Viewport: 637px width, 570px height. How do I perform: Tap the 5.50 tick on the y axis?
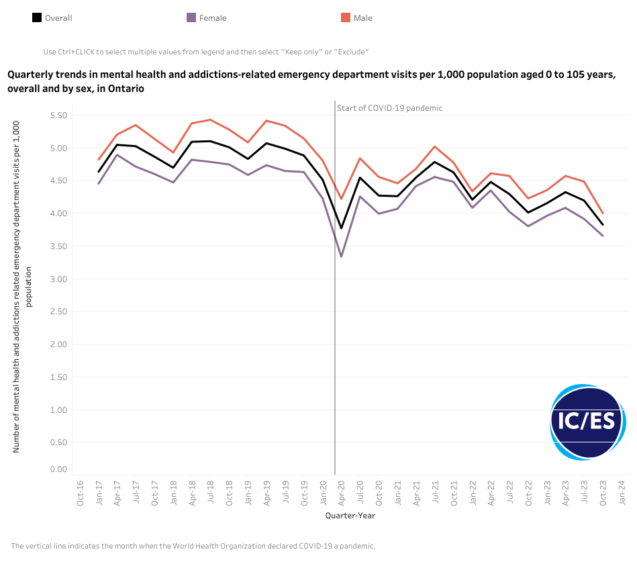(58, 115)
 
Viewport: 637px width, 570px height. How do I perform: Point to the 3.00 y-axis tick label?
(58, 279)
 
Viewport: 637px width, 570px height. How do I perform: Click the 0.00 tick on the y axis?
(58, 469)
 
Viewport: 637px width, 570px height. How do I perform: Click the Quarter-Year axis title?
(350, 516)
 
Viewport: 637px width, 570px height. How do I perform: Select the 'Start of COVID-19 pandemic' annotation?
(390, 108)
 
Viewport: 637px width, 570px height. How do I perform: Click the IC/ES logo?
(587, 422)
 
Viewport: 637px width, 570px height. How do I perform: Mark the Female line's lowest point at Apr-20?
(342, 256)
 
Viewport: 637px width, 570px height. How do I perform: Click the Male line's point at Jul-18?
(211, 120)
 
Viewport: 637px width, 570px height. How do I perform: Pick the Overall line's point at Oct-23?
(603, 225)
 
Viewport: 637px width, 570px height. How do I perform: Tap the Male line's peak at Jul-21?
(435, 146)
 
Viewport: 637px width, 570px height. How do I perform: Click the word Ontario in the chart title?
(125, 88)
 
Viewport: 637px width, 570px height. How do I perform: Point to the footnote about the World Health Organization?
(193, 546)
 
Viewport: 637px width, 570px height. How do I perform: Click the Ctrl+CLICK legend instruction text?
(206, 52)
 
